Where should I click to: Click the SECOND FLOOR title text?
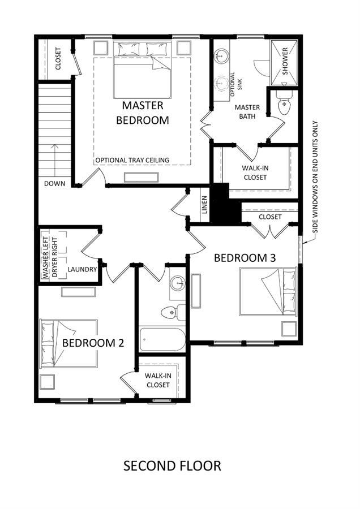[172, 466]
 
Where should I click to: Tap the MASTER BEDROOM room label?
[143, 113]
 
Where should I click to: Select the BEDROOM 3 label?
[245, 258]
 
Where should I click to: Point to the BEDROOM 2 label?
[93, 343]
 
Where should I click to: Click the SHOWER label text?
[285, 61]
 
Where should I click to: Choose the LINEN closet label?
[204, 205]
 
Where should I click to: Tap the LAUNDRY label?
[82, 269]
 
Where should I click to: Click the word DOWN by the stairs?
[54, 183]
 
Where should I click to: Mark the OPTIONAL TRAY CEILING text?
[132, 160]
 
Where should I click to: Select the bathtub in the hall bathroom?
[162, 339]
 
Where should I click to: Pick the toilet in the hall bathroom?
[173, 312]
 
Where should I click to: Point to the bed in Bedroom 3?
[268, 291]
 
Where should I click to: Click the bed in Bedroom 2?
[68, 344]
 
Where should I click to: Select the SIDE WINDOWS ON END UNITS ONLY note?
[315, 177]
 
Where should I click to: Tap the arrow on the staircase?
[54, 161]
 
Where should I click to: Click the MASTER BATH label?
[247, 111]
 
